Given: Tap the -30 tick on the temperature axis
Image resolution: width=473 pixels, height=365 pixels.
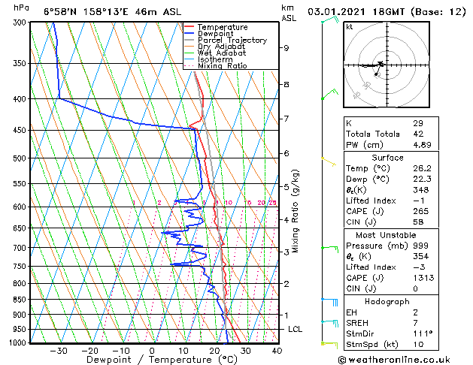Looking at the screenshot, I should tap(58, 350).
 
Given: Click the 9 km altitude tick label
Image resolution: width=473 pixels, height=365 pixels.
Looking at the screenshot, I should tap(287, 48).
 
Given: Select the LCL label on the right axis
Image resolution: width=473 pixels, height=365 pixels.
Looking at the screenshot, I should tap(296, 330).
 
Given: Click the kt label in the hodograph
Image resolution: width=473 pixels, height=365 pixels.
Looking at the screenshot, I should tap(349, 26).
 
